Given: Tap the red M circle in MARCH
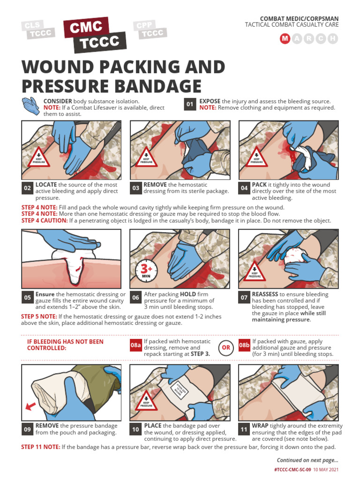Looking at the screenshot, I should (x=285, y=39).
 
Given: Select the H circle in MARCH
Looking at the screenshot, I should (x=333, y=39).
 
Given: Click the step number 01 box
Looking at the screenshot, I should (x=189, y=105).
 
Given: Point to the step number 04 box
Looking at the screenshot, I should (x=244, y=188).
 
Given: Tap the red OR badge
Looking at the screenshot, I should (x=226, y=347).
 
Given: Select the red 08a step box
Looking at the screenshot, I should (x=135, y=345).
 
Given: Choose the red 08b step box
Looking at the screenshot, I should (x=244, y=345).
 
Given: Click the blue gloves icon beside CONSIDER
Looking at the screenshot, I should (x=31, y=106).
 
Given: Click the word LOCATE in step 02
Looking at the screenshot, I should (x=46, y=185).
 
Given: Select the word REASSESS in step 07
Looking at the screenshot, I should (x=265, y=294).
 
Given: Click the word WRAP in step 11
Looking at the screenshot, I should (x=260, y=426).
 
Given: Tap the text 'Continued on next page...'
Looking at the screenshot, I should (x=307, y=460).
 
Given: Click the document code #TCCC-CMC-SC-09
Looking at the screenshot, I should (x=292, y=470).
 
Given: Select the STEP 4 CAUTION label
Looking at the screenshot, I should (x=45, y=220).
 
